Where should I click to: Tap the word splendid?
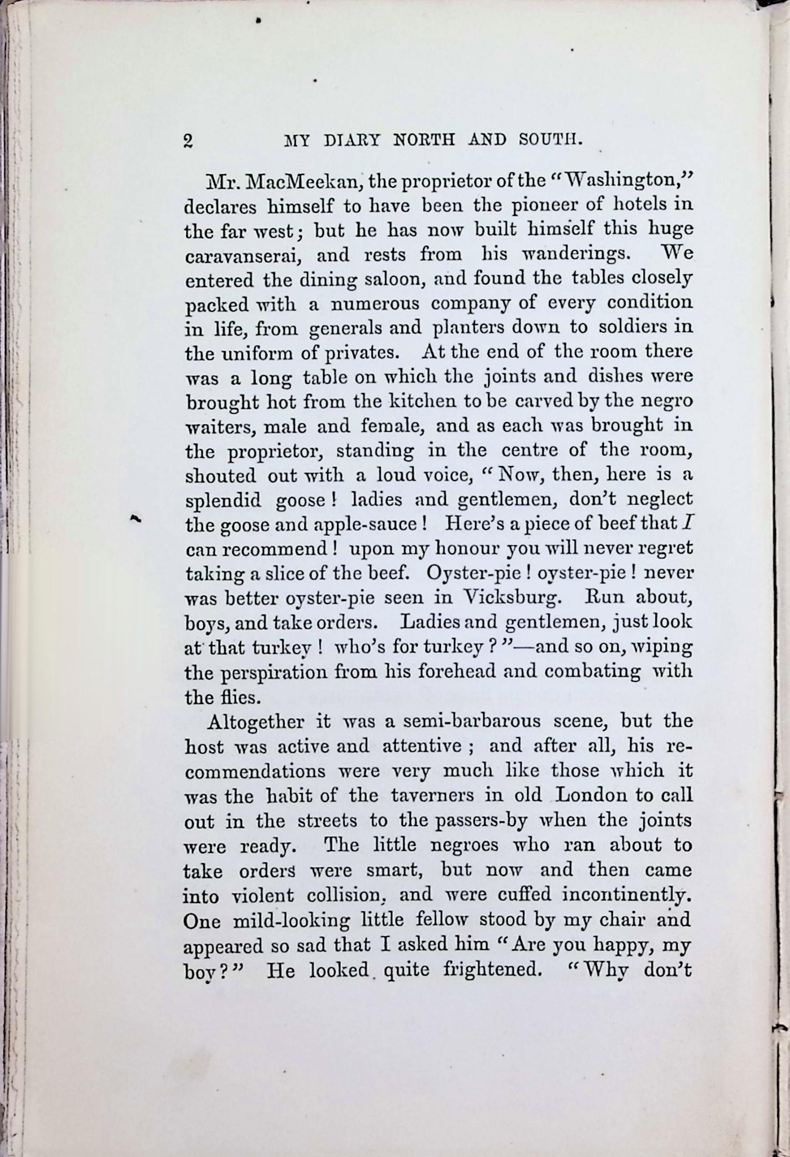(x=223, y=499)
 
